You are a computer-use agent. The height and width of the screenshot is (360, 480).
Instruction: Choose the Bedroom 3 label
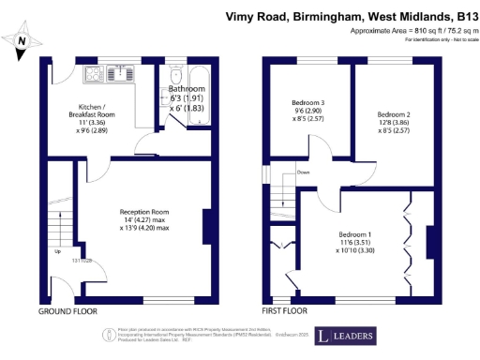pyautogui.click(x=308, y=102)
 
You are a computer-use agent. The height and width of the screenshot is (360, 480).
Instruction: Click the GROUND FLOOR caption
pyautogui.click(x=67, y=310)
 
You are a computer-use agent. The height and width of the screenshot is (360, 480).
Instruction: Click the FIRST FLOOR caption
pyautogui.click(x=286, y=310)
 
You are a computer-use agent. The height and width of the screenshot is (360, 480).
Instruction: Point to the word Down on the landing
pyautogui.click(x=303, y=172)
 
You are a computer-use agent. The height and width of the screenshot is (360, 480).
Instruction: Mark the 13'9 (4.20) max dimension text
pyautogui.click(x=143, y=228)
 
